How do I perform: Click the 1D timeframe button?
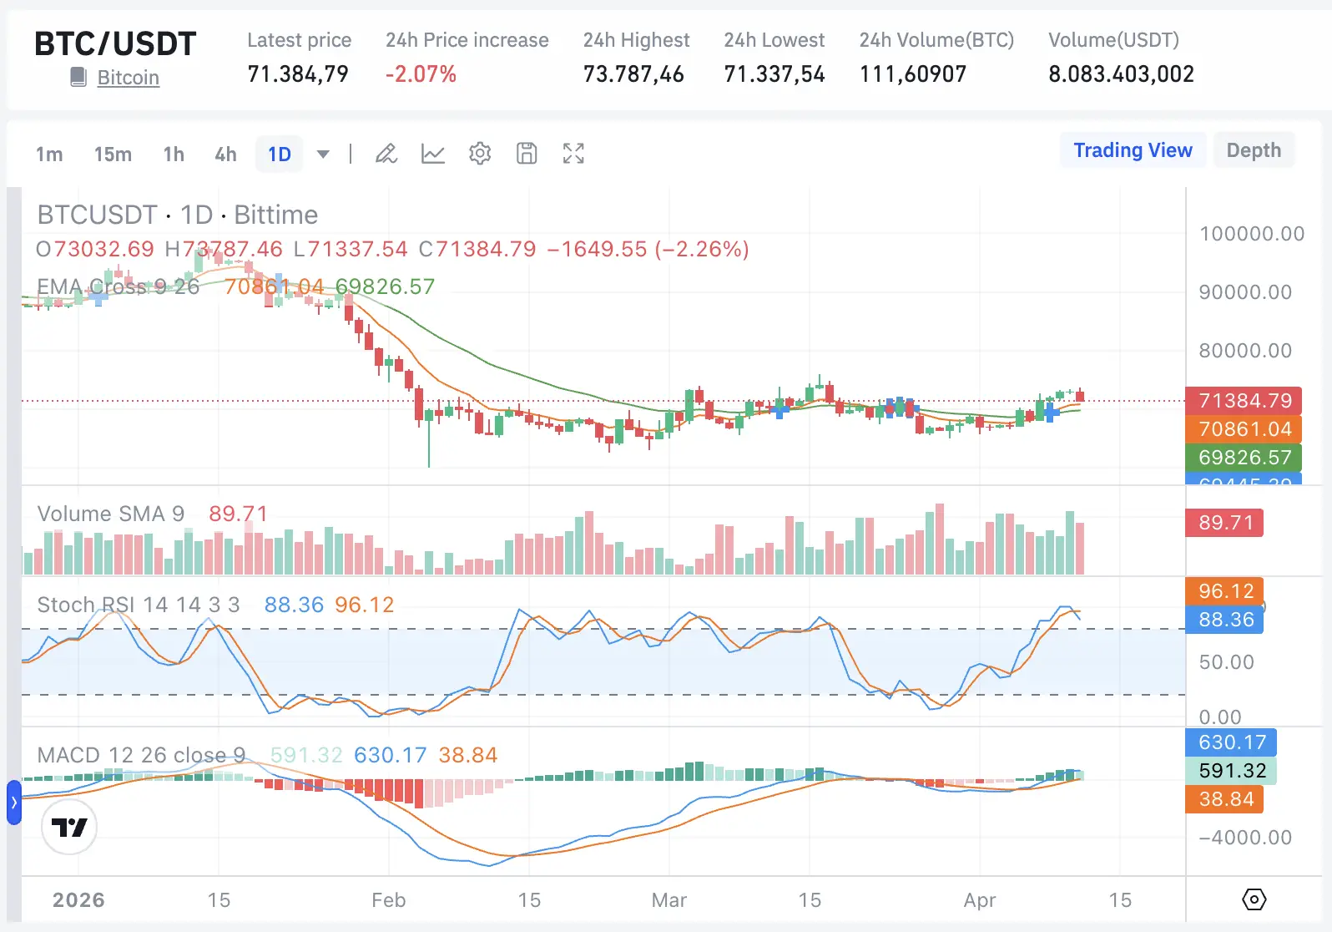280,154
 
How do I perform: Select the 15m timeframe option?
113,154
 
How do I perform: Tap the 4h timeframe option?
225,154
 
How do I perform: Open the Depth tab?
1253,150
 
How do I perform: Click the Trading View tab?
1132,150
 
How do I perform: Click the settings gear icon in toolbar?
480,154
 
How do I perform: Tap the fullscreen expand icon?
573,154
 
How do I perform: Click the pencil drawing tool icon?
386,154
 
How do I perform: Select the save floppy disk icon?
527,154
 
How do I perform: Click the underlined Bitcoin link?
128,78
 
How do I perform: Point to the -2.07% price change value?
421,74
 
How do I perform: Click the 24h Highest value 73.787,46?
633,74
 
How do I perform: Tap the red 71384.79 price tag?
1244,401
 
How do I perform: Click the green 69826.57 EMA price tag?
1244,458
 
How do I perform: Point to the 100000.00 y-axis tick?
1251,234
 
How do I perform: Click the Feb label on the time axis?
388,900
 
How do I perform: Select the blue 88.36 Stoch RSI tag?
1225,620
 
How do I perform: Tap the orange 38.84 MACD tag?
1225,799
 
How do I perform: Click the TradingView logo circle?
69,827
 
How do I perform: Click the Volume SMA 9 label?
110,514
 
